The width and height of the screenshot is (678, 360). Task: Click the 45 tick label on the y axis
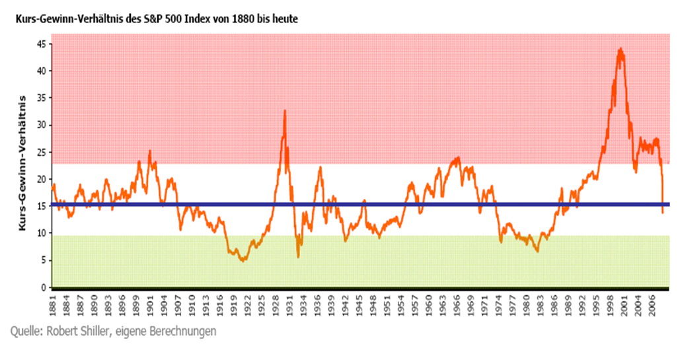(40, 44)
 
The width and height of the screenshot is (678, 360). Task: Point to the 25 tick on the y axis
(40, 152)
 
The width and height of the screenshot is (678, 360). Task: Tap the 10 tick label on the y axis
(40, 233)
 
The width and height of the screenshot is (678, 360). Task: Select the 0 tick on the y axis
(43, 287)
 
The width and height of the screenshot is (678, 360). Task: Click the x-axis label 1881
(52, 306)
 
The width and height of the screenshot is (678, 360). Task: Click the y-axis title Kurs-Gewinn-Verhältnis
(22, 162)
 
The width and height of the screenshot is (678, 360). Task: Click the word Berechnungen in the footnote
(183, 331)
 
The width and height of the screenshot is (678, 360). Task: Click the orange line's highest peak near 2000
(620, 48)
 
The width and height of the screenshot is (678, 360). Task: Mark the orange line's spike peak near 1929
(285, 110)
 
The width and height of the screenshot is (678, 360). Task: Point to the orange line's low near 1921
(243, 260)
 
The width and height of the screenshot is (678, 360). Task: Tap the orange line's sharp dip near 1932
(298, 256)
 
